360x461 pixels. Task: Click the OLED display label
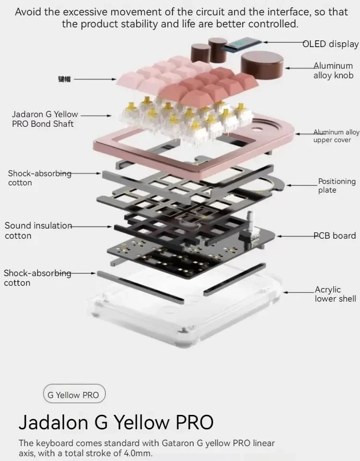pos(330,44)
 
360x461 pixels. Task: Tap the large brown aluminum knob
pos(262,65)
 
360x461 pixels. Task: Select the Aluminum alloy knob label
pos(333,71)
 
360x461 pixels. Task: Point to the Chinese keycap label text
pos(64,79)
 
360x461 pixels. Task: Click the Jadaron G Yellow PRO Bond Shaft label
pos(45,119)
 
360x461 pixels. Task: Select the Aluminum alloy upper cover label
pos(336,136)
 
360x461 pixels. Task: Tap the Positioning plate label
pos(336,185)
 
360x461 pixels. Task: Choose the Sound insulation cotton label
pos(38,230)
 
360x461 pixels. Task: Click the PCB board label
pos(335,236)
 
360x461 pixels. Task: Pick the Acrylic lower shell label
pos(335,294)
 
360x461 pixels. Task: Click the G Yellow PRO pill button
pos(74,395)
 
